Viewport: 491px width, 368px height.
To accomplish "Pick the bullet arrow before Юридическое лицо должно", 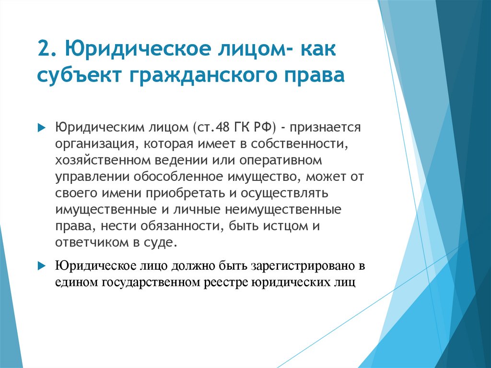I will tap(41, 266).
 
